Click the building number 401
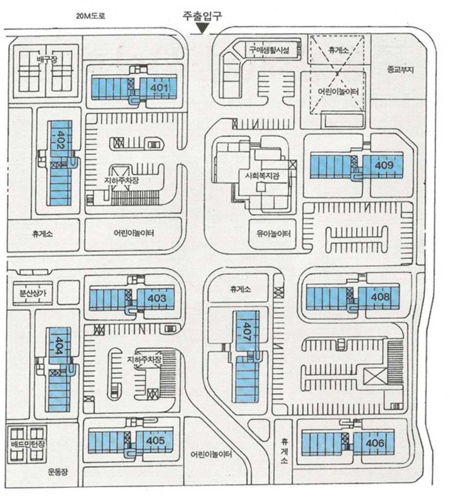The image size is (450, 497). coord(160,88)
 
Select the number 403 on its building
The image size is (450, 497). coord(156,298)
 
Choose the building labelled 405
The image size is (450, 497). coord(155,440)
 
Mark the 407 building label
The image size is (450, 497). coord(247,331)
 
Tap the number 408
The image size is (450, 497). coord(380,296)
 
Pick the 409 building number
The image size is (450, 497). coord(384,165)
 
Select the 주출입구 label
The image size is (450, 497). coord(202,16)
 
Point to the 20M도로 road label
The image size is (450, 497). coord(91,16)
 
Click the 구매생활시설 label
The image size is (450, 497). coord(269,49)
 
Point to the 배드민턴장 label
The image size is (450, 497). coord(27,444)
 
